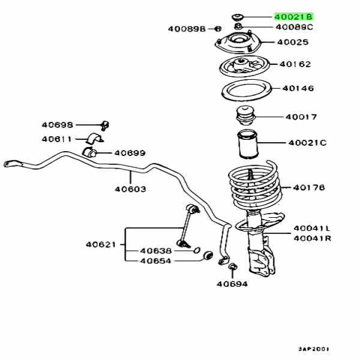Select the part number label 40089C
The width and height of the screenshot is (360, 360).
coord(295,28)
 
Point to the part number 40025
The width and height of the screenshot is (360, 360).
coord(293,43)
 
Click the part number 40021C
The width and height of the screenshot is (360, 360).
coord(307,143)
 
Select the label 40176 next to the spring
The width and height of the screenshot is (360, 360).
coord(308,188)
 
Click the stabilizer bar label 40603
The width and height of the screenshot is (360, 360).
coord(131,188)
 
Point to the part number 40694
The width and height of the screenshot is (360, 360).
coord(232,284)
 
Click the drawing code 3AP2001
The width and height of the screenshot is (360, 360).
coord(314,348)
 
